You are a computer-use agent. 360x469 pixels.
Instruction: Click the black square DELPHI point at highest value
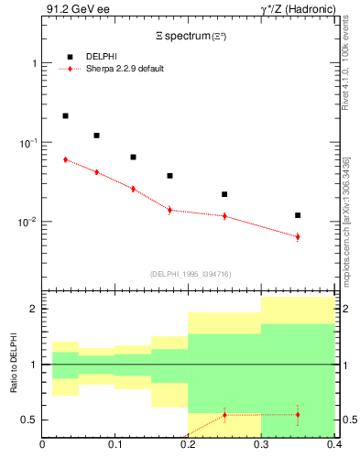pos(65,116)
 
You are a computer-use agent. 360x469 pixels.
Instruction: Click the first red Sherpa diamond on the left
pos(65,159)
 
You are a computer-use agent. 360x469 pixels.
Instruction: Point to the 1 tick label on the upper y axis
pos(34,63)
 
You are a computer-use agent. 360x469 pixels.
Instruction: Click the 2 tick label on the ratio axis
pos(34,309)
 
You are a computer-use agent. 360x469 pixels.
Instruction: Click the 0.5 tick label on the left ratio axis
pos(29,420)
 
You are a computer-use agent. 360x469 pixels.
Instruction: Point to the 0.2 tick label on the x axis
pos(188,446)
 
